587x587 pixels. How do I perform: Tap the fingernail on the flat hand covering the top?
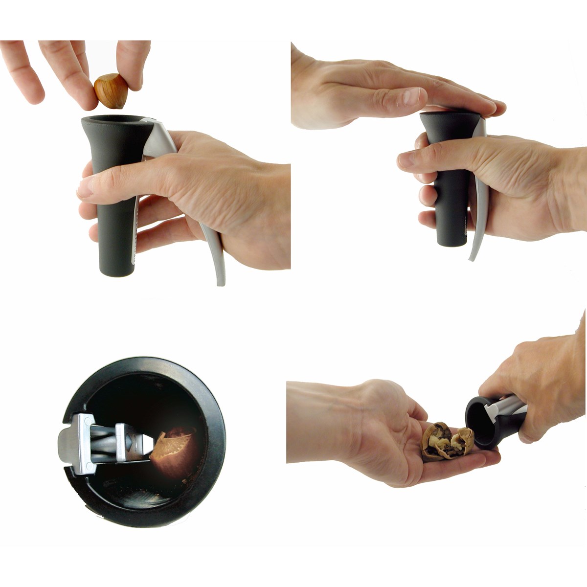(x=409, y=97)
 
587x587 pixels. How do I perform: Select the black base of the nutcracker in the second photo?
(x=450, y=240)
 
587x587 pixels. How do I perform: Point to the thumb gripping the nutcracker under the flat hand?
(x=416, y=160)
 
